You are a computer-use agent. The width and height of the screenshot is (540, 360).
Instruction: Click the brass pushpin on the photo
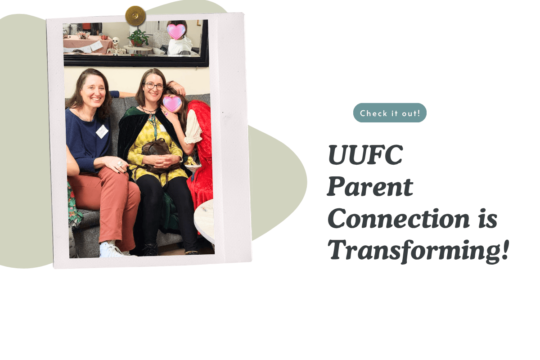click(x=135, y=16)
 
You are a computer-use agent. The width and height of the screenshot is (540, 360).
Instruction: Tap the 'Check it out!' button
click(x=390, y=113)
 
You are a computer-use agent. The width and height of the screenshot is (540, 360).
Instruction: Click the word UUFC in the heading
click(x=365, y=155)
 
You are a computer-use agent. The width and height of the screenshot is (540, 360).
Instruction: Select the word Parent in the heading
click(x=370, y=187)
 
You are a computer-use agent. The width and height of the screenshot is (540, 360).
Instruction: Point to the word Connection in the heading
click(x=399, y=218)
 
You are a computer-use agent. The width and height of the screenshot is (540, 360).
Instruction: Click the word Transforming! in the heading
click(x=418, y=251)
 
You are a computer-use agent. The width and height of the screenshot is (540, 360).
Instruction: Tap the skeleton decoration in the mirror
click(x=116, y=46)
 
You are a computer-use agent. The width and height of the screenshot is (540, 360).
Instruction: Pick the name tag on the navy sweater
click(x=102, y=131)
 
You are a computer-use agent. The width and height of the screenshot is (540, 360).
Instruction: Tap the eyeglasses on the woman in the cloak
click(x=154, y=86)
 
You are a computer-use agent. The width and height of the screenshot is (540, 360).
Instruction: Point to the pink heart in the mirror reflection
click(x=176, y=31)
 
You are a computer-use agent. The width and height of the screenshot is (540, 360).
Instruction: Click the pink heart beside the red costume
click(x=172, y=103)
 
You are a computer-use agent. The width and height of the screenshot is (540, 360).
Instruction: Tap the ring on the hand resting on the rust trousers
click(x=120, y=164)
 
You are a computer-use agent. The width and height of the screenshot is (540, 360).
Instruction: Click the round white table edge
click(x=203, y=221)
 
